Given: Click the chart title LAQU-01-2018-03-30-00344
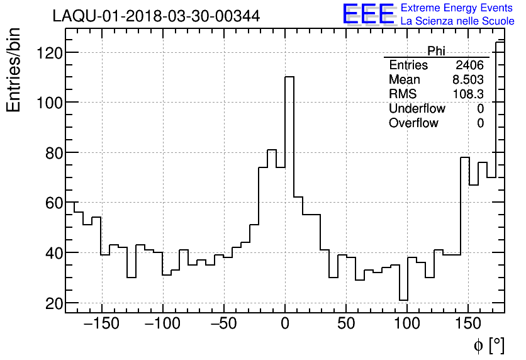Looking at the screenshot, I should coord(156,16).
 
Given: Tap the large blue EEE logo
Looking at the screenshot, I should coord(368,14).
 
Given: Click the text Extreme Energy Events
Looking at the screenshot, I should coord(457,8).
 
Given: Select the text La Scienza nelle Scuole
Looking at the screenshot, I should coord(457,21).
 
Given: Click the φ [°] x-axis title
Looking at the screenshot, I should coord(488,346).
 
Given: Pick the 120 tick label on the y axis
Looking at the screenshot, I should coord(48,52).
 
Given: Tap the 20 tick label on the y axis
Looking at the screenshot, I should coord(53,303).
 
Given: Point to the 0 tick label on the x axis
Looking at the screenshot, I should coord(285,325).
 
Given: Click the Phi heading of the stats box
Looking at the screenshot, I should coord(437,51).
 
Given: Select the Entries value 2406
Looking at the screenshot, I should coord(470,65).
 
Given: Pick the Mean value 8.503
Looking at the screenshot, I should coord(468,80).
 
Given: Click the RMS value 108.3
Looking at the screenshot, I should coord(468,94).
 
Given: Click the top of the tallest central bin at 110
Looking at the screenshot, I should coord(289,77).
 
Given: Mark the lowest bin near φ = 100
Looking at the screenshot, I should coord(403,300).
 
